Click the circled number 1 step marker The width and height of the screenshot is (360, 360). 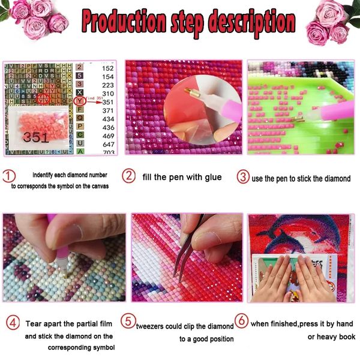coord(9,177)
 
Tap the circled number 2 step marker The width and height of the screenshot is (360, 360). coord(129,176)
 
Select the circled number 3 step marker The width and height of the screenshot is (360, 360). coord(242,176)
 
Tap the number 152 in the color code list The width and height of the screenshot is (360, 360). coord(108,68)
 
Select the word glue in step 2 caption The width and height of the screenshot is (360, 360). coord(211,177)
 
